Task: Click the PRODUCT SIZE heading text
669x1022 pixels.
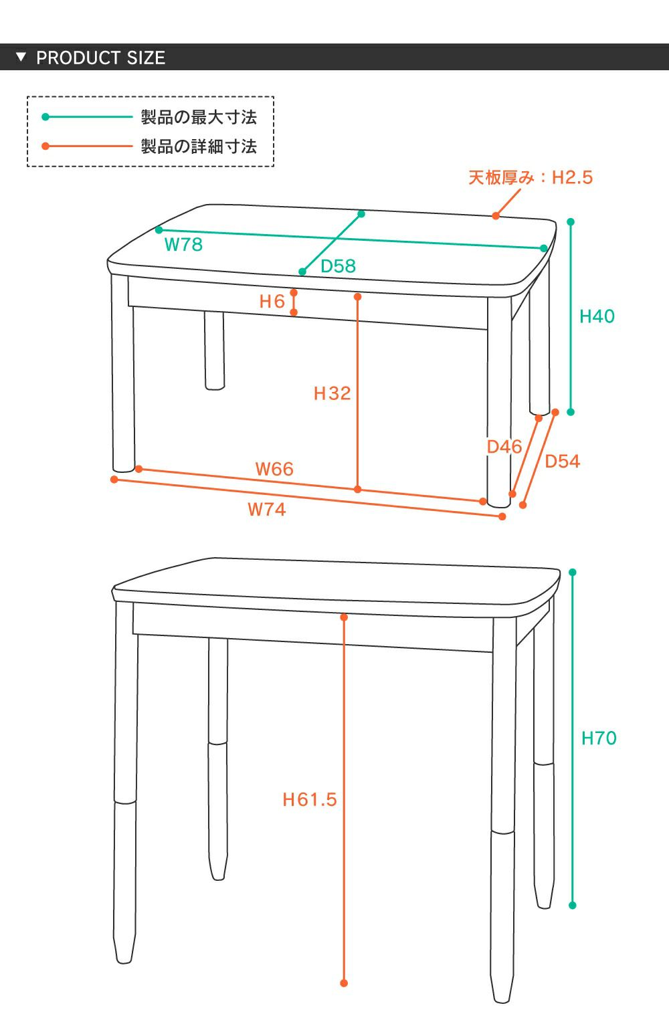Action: click(x=100, y=58)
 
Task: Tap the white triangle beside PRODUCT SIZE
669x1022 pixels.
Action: click(x=21, y=57)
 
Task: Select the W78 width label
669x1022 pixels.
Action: click(x=183, y=245)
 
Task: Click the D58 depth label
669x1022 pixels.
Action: click(x=338, y=266)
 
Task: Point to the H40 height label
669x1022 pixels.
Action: click(x=597, y=316)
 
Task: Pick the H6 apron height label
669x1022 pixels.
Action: click(x=272, y=302)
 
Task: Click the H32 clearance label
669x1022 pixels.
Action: click(x=332, y=393)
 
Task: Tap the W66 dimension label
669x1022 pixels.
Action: click(x=274, y=469)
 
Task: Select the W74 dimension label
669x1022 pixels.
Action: click(x=266, y=509)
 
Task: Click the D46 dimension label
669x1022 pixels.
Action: click(x=504, y=447)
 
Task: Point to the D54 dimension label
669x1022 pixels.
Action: click(x=562, y=462)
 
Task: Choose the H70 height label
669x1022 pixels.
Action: click(x=599, y=738)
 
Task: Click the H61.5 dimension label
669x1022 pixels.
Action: click(x=309, y=799)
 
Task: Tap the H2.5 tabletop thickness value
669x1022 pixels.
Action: click(x=572, y=177)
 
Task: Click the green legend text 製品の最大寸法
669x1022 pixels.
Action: click(x=199, y=117)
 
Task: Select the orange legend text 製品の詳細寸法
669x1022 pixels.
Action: click(x=199, y=146)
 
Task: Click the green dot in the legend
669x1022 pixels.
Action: click(x=45, y=117)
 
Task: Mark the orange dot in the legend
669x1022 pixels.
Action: click(x=45, y=146)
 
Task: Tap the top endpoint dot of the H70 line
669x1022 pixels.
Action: click(x=573, y=572)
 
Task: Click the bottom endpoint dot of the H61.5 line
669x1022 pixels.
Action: click(x=344, y=983)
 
